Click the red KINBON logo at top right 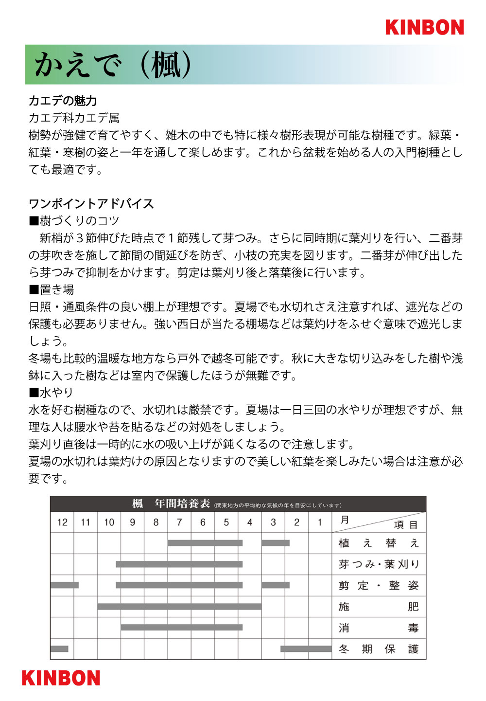[424, 27]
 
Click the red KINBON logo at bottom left [61, 678]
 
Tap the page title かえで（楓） [113, 65]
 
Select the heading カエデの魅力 [63, 101]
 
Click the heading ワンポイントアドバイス [91, 203]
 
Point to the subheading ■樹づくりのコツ [74, 221]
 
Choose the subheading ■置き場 [52, 289]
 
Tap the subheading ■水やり [52, 392]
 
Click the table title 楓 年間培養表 [171, 504]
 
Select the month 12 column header [62, 522]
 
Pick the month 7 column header [179, 522]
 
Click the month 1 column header [320, 522]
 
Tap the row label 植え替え [378, 543]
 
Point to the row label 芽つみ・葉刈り [378, 564]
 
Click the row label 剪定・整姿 [378, 586]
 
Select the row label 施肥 [378, 607]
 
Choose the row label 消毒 [378, 628]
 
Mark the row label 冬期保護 [378, 649]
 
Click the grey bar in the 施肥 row [179, 607]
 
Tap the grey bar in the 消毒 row [181, 628]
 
